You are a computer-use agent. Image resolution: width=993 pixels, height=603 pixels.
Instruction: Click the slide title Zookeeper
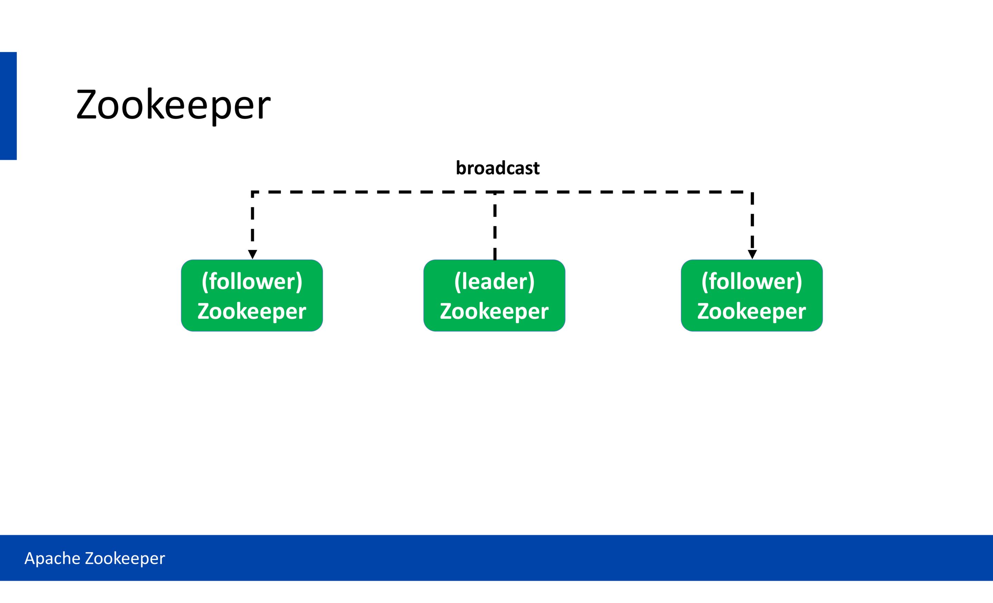173,105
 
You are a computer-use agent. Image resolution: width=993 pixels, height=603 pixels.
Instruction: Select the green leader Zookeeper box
494,295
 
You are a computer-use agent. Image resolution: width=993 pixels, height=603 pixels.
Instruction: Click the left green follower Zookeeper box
252,295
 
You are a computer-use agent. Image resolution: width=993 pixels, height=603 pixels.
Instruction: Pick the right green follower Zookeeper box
752,295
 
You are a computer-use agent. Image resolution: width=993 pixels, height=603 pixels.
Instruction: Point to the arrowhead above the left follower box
252,254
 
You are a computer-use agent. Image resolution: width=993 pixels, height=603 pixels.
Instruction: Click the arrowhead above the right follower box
752,254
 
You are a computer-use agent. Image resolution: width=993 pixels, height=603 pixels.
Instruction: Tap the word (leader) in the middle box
494,281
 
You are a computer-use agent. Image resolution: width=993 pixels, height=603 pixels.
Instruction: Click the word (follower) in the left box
252,281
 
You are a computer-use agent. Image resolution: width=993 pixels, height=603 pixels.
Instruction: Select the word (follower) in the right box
752,281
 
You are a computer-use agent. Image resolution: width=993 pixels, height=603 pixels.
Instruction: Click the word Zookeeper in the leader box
494,311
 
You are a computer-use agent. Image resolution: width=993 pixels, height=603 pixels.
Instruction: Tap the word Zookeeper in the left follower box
252,311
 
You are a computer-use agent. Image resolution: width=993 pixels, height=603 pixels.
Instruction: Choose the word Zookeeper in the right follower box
752,311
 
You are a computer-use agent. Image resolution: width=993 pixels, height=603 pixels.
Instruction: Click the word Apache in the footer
52,558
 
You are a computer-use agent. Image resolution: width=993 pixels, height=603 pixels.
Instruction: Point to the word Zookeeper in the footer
125,558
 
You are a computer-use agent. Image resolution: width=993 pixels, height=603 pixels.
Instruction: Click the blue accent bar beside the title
8,106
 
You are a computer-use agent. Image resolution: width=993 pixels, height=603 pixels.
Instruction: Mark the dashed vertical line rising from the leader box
495,226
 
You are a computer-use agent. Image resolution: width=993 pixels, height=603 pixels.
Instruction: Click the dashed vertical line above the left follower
252,221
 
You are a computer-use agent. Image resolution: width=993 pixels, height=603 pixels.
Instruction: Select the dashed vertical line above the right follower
752,221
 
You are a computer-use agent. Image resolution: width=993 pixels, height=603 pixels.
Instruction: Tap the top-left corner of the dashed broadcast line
252,192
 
